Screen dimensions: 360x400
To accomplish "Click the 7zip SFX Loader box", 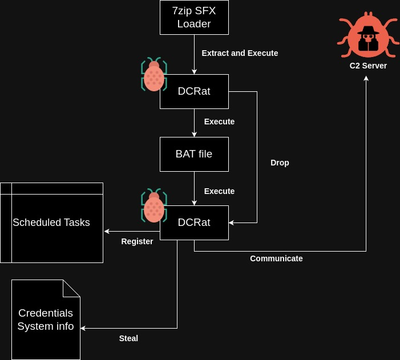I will point(194,17).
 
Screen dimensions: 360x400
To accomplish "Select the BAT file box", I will point(194,154).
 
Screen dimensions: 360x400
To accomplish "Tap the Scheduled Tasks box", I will point(51,223).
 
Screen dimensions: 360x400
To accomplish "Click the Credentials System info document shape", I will point(46,319).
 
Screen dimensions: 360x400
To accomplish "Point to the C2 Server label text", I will point(368,66).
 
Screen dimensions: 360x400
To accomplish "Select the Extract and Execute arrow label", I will point(240,53).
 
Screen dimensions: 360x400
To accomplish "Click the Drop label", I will point(280,163).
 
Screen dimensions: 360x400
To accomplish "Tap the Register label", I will point(137,241).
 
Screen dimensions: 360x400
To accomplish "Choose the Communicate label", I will point(276,258).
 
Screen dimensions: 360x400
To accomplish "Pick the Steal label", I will point(128,338).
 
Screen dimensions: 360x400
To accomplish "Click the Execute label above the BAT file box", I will point(219,122).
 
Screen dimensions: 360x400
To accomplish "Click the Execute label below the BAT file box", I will point(219,191).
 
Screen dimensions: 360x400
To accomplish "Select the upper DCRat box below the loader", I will point(194,91).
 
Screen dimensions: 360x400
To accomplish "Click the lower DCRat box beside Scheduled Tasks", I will point(194,223).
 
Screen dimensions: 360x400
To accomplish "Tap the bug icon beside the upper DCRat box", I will point(153,75).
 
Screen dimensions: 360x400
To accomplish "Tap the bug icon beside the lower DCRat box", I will point(153,206).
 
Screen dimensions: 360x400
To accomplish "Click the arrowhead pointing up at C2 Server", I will point(366,78).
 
